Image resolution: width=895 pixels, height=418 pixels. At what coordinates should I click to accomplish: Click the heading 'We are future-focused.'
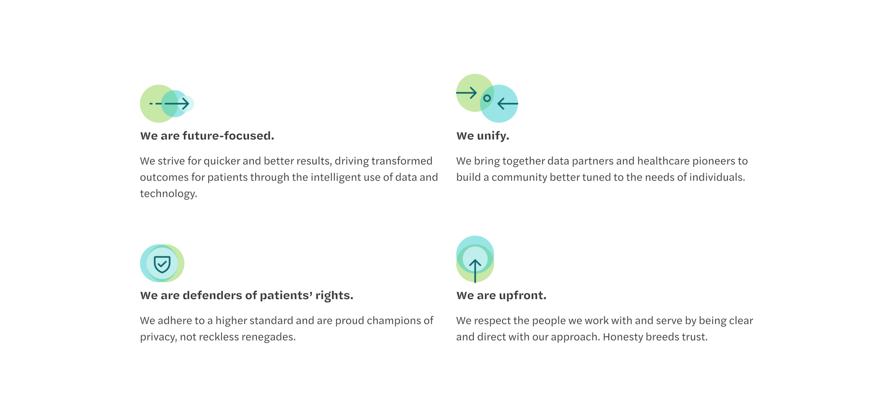pos(207,135)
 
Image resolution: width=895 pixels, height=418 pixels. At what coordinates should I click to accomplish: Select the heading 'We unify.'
pos(483,136)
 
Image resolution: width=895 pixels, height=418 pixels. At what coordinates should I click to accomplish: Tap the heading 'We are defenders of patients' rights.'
pos(247,296)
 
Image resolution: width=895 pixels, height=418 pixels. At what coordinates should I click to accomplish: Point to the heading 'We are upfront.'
pos(501,296)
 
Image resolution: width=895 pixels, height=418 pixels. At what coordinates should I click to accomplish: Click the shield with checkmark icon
pos(162,264)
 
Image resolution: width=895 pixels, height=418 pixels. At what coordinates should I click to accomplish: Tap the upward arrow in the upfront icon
pos(475,271)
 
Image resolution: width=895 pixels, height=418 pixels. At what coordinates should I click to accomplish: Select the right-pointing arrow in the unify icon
pos(466,93)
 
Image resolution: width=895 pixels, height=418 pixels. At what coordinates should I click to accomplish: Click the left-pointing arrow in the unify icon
pos(508,104)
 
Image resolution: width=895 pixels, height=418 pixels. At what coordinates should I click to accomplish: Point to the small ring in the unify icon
pos(487,98)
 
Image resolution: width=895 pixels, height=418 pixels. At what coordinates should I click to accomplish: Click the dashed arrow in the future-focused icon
pos(169,104)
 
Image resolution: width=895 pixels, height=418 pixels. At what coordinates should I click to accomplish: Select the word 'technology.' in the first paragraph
pos(169,194)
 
